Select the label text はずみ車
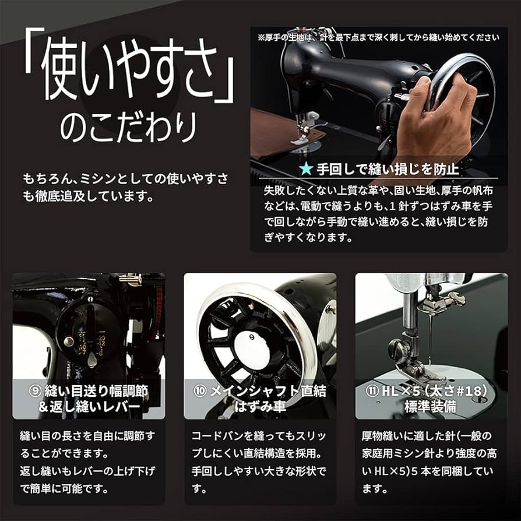(x=260, y=407)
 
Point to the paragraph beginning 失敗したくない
(x=376, y=214)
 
